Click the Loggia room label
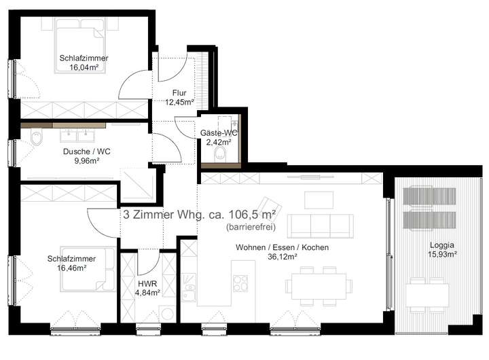(442, 245)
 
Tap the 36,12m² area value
(283, 257)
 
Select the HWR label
(147, 284)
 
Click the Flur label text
(179, 92)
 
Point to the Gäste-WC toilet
(220, 154)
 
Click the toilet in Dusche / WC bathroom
(37, 138)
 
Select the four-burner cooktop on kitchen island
(240, 283)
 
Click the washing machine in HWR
(168, 314)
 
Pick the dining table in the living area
(319, 286)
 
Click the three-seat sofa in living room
(321, 226)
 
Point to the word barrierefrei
(251, 227)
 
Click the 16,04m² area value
(84, 67)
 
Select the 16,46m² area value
(72, 268)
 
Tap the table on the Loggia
(427, 295)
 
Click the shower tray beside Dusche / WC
(137, 184)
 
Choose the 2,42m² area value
(219, 142)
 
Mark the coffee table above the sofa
(319, 200)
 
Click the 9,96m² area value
(87, 161)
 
